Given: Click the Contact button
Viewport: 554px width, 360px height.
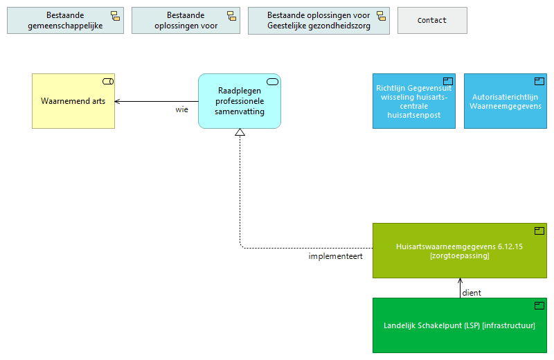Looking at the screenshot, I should coord(432,21).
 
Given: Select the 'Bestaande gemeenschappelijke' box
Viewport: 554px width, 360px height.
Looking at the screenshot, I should coord(65,21).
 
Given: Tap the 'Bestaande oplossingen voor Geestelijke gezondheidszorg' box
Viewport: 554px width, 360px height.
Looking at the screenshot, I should coord(319,21).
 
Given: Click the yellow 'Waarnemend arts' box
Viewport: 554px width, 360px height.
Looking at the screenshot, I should coord(73,101).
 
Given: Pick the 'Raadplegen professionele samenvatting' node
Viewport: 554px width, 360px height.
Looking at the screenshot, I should coord(240,101).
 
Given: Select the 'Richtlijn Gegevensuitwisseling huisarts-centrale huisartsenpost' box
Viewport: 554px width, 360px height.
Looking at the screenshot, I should coord(413,101).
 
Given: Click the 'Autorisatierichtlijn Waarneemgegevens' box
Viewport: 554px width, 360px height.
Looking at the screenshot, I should coord(505,101).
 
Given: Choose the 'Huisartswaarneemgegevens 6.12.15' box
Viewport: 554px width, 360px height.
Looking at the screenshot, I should coord(459,251).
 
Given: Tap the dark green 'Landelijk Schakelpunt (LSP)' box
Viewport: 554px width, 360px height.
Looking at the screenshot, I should coord(459,325).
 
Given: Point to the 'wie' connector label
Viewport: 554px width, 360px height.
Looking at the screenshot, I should coord(181,109).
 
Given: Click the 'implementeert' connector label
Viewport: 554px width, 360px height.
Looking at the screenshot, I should coord(336,256).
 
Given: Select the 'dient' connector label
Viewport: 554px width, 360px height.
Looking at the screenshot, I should coord(472,293).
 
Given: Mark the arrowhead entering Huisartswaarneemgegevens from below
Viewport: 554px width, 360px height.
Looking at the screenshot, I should coord(460,281).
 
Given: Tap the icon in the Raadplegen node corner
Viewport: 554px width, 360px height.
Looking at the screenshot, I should coord(272,82).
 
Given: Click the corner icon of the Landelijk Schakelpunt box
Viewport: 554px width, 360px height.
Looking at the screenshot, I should coord(538,305).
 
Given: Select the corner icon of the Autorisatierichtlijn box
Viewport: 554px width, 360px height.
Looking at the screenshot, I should coord(539,81).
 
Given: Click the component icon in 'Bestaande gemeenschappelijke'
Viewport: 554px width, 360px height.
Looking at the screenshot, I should coord(115,16).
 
